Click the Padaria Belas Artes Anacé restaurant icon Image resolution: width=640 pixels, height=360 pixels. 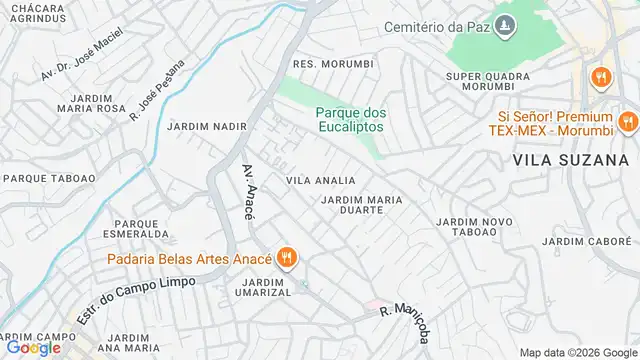[288, 257]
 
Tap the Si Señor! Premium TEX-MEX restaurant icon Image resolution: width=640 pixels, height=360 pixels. [627, 123]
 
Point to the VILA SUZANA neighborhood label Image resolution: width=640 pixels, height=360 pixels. [571, 159]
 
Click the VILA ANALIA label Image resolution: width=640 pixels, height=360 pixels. [320, 180]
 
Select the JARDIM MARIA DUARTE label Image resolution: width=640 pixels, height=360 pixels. [362, 205]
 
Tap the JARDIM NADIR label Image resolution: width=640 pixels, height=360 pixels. [206, 128]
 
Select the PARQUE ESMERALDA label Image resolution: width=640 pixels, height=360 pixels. [141, 228]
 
